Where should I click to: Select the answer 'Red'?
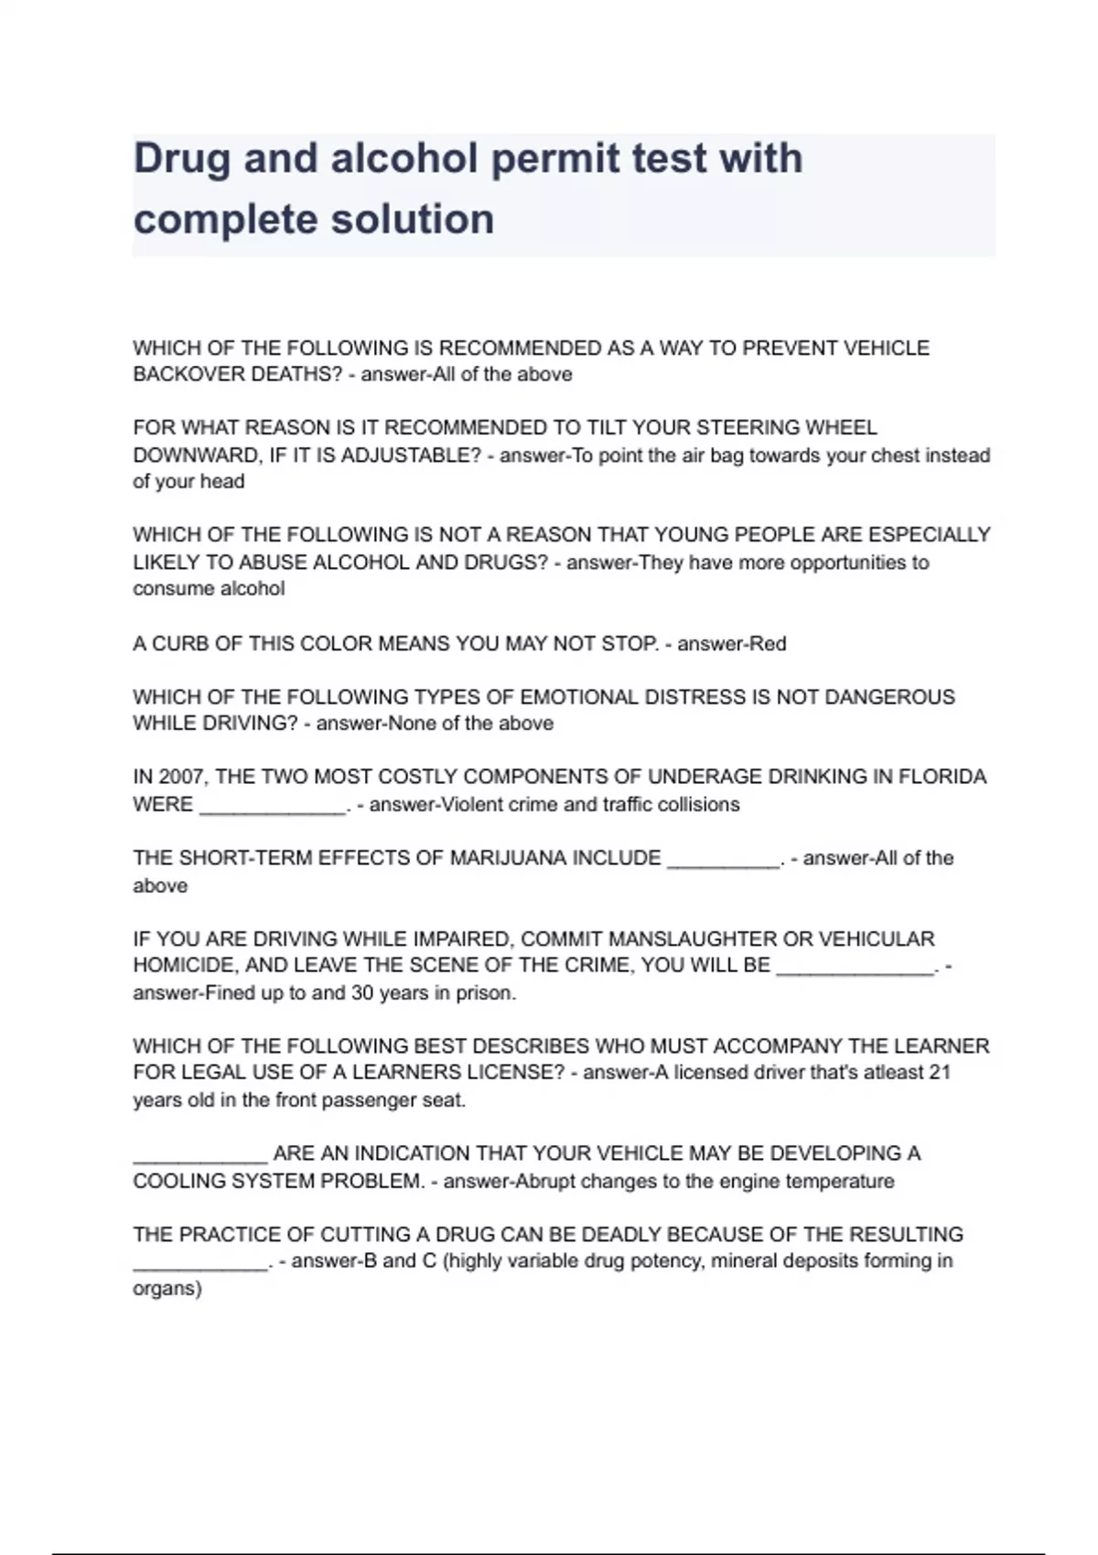[767, 644]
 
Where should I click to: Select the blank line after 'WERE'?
[273, 806]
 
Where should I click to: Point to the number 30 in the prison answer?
[362, 993]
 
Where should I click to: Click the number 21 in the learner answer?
[940, 1072]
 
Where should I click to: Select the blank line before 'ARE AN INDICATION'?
[199, 1155]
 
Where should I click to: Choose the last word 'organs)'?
[167, 1289]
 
